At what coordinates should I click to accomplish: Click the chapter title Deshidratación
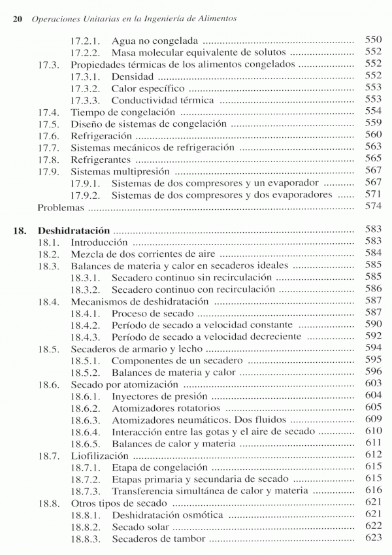point(76,230)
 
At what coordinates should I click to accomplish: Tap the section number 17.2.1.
point(85,40)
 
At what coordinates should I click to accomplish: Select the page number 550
point(372,40)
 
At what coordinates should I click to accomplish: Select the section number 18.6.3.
point(85,420)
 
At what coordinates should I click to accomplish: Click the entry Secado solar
point(138,527)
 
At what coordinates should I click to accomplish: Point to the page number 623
point(372,539)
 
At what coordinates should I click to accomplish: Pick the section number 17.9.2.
point(85,195)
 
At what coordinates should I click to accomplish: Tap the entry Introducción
point(99,242)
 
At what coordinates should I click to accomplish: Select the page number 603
point(372,384)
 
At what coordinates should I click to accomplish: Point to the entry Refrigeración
point(101,135)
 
